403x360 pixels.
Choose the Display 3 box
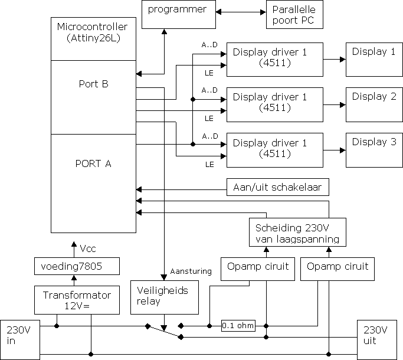tap(374, 149)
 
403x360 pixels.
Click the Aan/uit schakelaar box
tap(277, 188)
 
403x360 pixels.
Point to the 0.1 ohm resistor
tap(238, 325)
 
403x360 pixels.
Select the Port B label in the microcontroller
tap(93, 84)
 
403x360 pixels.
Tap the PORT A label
tap(93, 163)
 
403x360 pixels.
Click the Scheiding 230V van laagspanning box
tap(296, 233)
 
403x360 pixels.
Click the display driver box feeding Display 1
tap(275, 59)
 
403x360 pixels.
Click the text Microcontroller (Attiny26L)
tap(93, 32)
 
